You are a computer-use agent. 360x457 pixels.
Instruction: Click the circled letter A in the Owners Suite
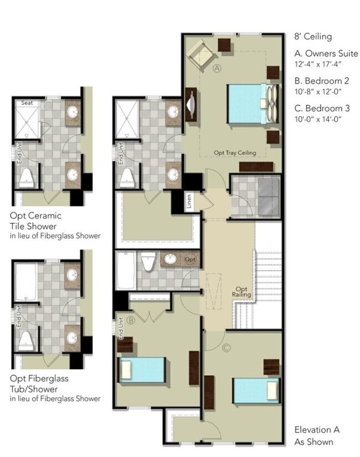[x=217, y=68]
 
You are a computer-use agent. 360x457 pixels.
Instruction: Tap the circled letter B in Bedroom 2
[x=131, y=320]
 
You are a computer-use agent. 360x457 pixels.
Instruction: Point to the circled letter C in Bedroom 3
[x=227, y=347]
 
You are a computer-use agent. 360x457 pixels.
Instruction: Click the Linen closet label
[x=189, y=201]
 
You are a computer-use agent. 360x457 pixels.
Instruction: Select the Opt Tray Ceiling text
[x=235, y=153]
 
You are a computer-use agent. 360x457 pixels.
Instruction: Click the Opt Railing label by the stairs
[x=241, y=292]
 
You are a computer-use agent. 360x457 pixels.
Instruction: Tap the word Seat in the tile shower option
[x=27, y=103]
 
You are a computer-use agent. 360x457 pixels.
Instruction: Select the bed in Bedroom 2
[x=141, y=370]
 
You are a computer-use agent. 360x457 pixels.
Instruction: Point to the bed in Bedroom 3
[x=256, y=391]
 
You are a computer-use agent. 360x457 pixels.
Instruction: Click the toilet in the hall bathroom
[x=148, y=261]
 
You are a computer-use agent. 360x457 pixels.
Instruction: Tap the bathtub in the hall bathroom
[x=126, y=270]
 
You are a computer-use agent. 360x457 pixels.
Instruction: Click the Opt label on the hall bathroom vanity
[x=190, y=259]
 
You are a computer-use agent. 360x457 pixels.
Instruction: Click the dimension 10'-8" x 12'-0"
[x=318, y=91]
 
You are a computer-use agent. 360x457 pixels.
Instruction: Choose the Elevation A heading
[x=317, y=429]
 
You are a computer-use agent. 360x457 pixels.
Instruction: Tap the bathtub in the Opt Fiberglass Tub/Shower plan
[x=26, y=282]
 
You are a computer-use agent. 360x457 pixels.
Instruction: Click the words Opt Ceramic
[x=35, y=216]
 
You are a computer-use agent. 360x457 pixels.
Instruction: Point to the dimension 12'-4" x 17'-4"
[x=318, y=64]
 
